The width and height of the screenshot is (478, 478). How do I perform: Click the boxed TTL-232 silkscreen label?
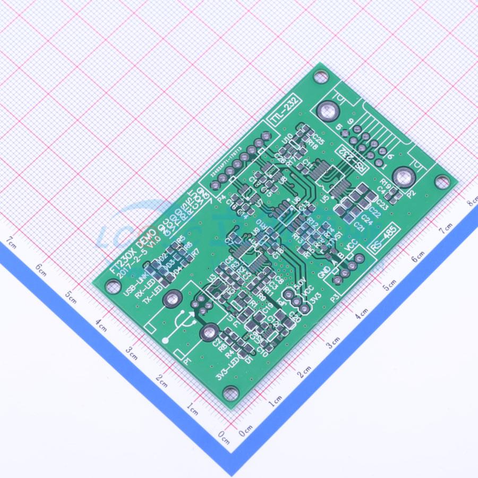[286, 110]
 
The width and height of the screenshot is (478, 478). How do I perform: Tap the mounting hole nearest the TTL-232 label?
[321, 77]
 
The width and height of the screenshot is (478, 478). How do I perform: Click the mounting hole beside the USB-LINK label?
[112, 286]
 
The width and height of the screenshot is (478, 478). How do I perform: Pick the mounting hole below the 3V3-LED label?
[229, 394]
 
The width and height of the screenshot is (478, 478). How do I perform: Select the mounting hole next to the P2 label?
[441, 182]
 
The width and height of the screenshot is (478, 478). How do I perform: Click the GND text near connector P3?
[323, 272]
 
